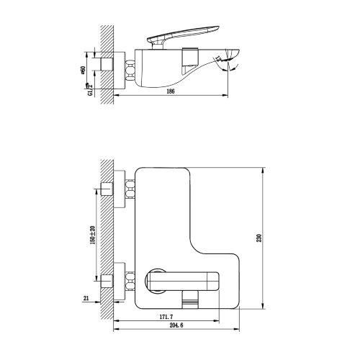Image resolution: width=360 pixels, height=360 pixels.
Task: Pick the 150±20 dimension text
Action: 93,237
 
